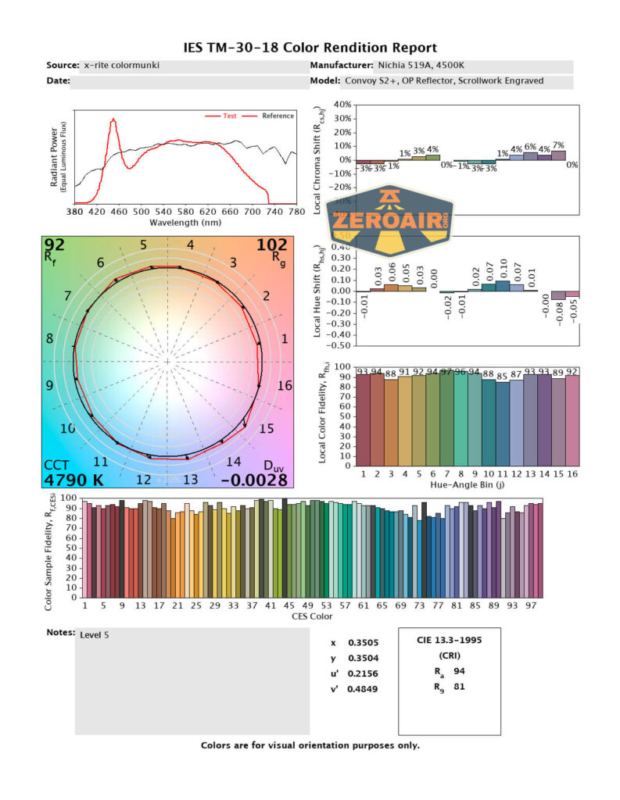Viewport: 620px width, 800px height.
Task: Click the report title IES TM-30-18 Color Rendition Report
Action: pos(310,48)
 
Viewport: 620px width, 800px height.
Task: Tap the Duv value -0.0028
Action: pos(253,479)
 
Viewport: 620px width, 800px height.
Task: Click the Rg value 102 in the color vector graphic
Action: pos(273,246)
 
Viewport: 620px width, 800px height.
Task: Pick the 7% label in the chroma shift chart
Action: pos(557,145)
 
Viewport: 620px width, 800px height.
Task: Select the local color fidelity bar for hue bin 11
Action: pos(502,423)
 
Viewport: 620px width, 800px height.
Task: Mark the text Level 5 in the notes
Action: pos(95,635)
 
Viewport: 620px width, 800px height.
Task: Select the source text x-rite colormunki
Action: pos(121,66)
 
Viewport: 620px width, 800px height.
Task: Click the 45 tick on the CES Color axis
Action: pos(288,605)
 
